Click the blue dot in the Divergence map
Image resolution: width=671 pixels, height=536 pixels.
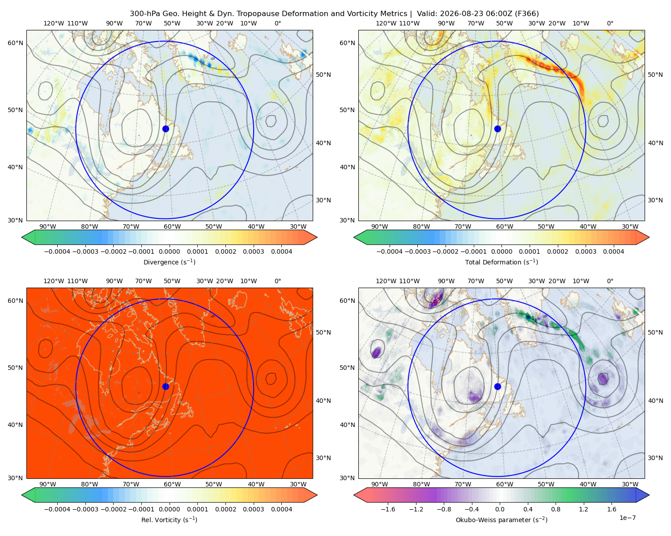point(166,129)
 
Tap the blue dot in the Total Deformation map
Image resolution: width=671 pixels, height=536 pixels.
point(497,129)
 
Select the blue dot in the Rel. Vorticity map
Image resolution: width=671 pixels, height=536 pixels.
point(166,386)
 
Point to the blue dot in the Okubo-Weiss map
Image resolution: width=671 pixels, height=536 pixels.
point(497,386)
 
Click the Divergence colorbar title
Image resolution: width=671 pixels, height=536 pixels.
point(169,262)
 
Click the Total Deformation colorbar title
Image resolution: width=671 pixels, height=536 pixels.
point(501,262)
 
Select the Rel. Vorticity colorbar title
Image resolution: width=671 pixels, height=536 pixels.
point(169,519)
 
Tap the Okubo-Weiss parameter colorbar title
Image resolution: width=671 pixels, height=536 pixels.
point(501,519)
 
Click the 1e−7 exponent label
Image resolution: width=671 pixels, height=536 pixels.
point(627,518)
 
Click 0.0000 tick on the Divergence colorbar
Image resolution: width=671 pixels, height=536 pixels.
point(169,251)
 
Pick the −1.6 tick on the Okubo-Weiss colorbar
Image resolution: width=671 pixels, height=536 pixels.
point(388,509)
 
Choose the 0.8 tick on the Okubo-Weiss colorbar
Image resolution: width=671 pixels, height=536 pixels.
point(556,509)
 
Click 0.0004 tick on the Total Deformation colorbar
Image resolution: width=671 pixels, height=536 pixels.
point(613,251)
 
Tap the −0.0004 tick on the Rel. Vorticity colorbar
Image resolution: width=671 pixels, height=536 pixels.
point(57,509)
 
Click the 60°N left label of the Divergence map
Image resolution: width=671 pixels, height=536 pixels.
point(15,43)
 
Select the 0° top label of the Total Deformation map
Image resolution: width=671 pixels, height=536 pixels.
point(610,23)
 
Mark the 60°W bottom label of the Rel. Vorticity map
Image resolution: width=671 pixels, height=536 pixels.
point(172,484)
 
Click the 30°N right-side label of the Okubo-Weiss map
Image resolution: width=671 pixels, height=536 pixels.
point(655,458)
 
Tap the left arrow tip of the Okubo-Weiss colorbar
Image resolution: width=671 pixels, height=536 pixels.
point(354,495)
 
